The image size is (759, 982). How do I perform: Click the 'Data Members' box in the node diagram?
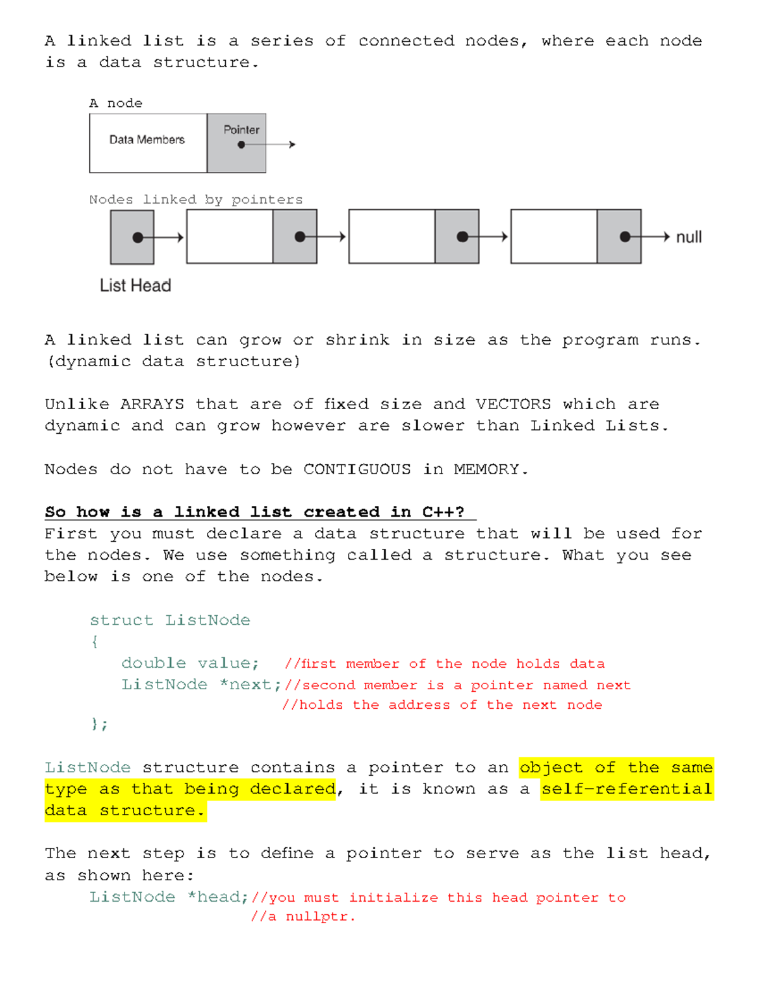(147, 140)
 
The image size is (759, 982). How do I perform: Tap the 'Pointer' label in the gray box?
(241, 130)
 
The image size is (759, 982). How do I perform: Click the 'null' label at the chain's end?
(689, 237)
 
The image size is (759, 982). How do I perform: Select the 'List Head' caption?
(135, 286)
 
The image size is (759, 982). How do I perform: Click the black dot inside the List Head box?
(137, 238)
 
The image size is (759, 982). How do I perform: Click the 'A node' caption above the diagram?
(116, 103)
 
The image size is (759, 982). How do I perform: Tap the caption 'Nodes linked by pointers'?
(195, 200)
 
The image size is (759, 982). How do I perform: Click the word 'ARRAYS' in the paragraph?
(152, 404)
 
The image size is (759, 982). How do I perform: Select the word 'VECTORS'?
(513, 404)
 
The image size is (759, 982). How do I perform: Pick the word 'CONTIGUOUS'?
(357, 469)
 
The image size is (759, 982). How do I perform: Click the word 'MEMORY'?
(486, 469)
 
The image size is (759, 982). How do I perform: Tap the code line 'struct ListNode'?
(170, 620)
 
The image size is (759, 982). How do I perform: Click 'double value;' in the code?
(190, 663)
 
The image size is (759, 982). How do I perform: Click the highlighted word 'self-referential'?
(626, 789)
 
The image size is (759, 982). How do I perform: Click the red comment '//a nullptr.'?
(303, 917)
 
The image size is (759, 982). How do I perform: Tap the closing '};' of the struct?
(99, 725)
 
